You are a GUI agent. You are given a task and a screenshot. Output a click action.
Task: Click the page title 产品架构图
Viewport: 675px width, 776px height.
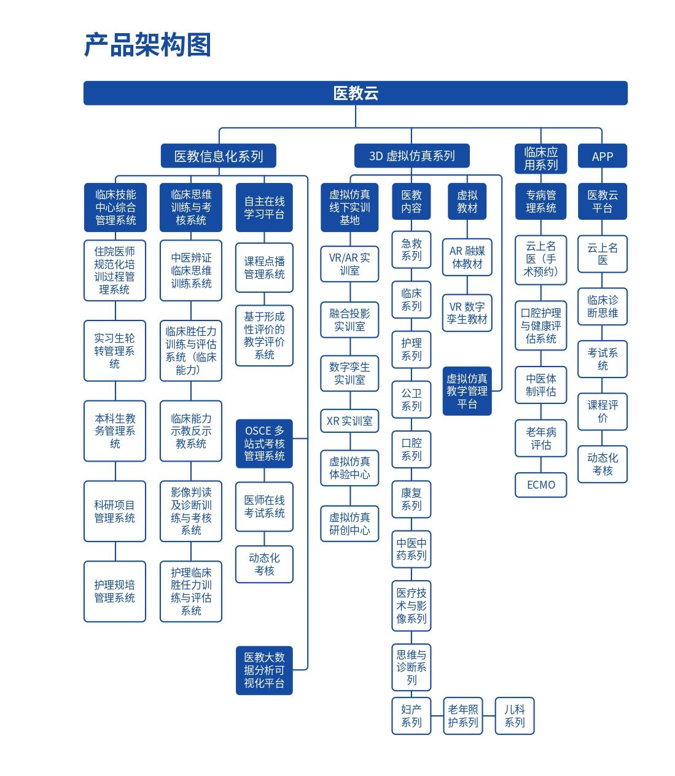147,45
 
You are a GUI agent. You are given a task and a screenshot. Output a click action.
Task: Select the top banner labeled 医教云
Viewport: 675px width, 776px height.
355,93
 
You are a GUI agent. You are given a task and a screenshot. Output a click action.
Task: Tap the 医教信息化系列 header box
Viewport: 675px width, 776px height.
219,155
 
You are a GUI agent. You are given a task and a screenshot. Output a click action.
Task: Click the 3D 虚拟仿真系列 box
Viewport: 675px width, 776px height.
412,155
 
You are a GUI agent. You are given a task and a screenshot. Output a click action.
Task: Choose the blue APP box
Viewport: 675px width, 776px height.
602,155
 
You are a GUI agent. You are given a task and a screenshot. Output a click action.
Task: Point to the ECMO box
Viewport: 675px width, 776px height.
540,485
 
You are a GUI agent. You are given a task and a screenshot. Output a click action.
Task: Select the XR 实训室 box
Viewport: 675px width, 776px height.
349,421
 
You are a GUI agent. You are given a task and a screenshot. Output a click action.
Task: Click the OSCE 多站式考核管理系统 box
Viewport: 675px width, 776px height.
264,443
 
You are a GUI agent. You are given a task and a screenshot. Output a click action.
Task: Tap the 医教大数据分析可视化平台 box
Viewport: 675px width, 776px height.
264,670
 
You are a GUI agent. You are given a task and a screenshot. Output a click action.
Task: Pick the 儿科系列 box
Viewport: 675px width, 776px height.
515,716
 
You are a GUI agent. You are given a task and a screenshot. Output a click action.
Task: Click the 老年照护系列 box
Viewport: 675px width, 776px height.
463,716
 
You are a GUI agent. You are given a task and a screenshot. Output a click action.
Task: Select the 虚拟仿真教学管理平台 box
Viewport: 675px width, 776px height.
467,391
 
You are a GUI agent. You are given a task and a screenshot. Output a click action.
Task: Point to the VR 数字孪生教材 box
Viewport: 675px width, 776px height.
467,313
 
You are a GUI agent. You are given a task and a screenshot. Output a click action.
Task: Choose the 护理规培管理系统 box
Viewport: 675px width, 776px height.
115,591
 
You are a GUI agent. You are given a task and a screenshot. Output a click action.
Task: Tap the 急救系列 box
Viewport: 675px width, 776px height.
412,250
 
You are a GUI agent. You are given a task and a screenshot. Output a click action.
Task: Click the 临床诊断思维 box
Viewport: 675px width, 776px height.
602,306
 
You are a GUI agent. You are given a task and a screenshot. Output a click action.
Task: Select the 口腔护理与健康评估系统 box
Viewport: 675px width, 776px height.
540,326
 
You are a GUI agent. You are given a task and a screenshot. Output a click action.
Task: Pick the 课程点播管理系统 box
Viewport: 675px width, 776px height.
264,268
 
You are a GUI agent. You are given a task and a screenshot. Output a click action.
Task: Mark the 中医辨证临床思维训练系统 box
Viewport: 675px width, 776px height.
191,270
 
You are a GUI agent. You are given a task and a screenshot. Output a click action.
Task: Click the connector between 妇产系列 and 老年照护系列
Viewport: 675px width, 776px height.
437,716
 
